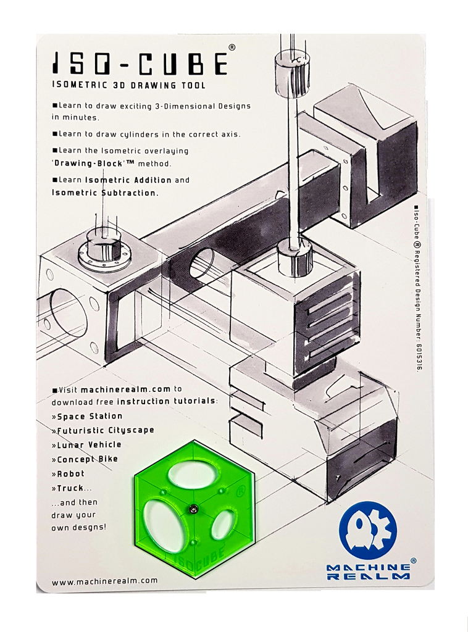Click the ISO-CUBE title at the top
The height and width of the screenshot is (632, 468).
tap(140, 64)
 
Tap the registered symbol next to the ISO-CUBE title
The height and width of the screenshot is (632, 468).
tap(232, 47)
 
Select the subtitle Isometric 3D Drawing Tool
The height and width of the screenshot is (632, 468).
tap(128, 85)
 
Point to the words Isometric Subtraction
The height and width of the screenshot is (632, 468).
tap(105, 193)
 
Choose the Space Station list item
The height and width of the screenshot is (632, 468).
tap(90, 417)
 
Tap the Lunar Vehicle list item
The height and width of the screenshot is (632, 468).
tap(89, 445)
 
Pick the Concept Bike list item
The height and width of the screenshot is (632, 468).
tap(87, 459)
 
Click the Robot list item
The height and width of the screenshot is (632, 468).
tap(71, 474)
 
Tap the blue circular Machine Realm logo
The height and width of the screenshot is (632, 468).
tap(368, 530)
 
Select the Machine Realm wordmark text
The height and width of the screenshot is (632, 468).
tap(368, 572)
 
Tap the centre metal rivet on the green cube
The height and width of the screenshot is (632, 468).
tap(193, 508)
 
